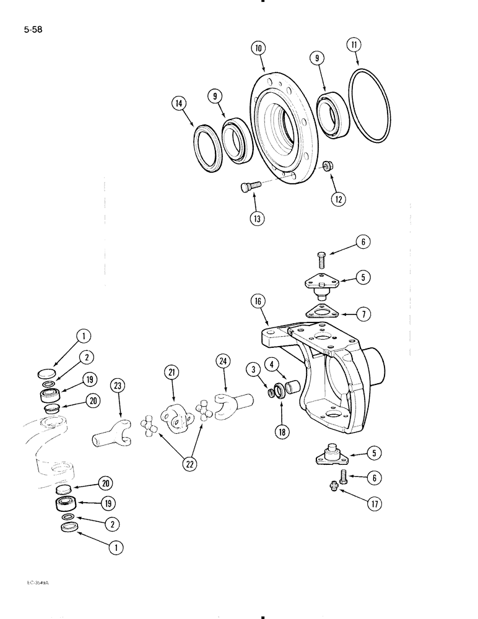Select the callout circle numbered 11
[x=355, y=45]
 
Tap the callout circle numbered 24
[x=224, y=361]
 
